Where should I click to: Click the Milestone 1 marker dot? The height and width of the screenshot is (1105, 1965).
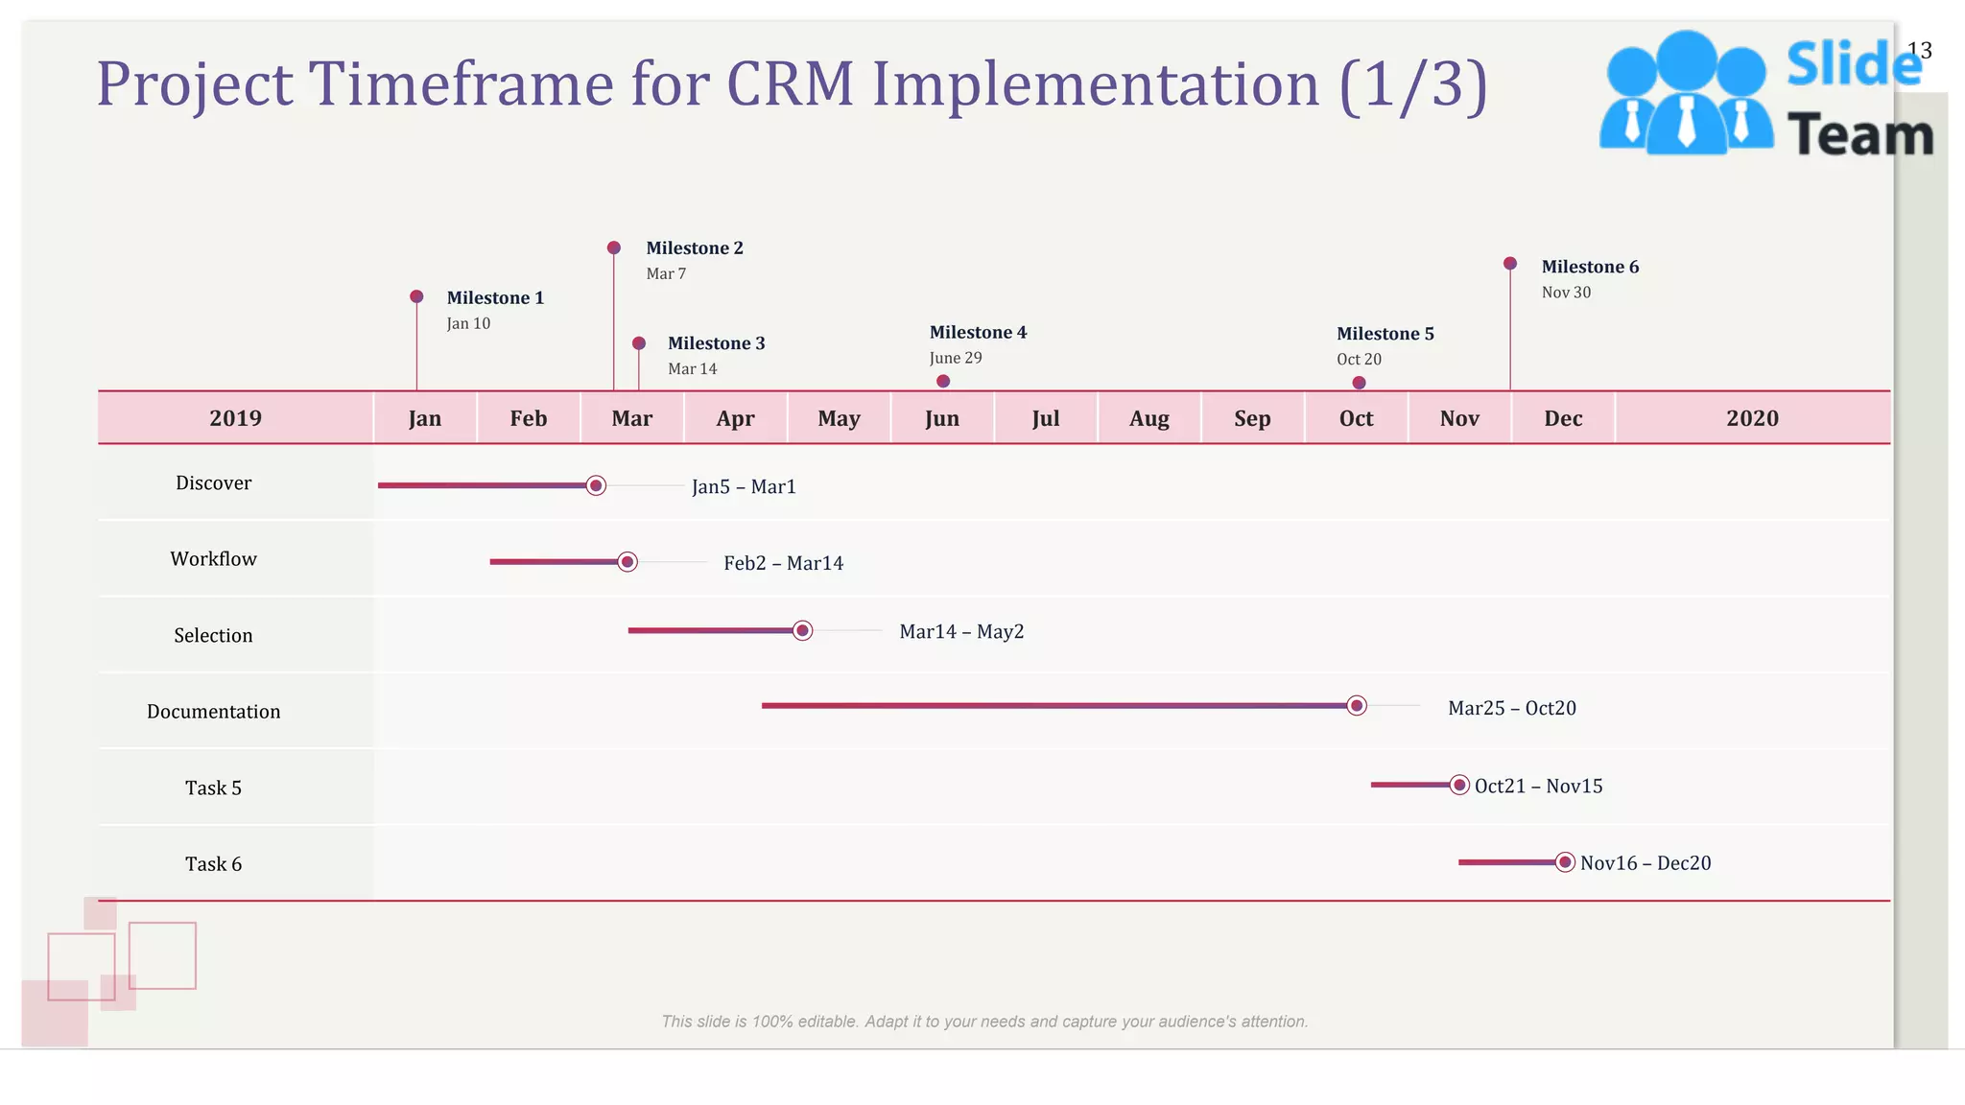pyautogui.click(x=416, y=296)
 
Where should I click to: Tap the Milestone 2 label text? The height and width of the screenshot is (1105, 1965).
pyautogui.click(x=694, y=248)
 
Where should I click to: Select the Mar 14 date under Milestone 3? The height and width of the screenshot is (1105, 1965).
pyautogui.click(x=692, y=369)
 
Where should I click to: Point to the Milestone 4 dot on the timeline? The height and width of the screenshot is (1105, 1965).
pyautogui.click(x=943, y=382)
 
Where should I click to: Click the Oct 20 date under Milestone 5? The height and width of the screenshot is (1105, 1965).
pyautogui.click(x=1359, y=360)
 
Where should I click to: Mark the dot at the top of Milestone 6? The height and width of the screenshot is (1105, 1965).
pyautogui.click(x=1510, y=264)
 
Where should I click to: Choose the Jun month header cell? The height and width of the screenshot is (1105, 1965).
pyautogui.click(x=942, y=418)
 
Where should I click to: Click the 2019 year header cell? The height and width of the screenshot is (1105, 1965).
pyautogui.click(x=235, y=418)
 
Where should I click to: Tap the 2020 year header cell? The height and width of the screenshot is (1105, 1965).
pyautogui.click(x=1752, y=418)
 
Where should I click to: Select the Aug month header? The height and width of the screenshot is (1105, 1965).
pyautogui.click(x=1148, y=418)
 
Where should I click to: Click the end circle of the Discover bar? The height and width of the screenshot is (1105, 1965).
pyautogui.click(x=596, y=485)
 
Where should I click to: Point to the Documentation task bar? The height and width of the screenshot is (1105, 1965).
pyautogui.click(x=1055, y=706)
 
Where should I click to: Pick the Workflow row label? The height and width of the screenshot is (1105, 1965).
pyautogui.click(x=213, y=559)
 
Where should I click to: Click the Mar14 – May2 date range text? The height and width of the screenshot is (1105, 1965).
pyautogui.click(x=961, y=632)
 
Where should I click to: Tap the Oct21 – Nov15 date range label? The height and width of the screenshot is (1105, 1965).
pyautogui.click(x=1538, y=787)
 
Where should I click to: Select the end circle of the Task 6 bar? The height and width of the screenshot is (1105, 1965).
pyautogui.click(x=1565, y=862)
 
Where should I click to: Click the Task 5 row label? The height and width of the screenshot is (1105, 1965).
pyautogui.click(x=213, y=788)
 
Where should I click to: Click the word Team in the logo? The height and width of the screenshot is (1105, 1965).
pyautogui.click(x=1859, y=135)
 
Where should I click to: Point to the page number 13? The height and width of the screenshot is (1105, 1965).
pyautogui.click(x=1919, y=51)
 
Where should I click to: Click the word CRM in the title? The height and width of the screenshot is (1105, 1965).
pyautogui.click(x=790, y=84)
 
